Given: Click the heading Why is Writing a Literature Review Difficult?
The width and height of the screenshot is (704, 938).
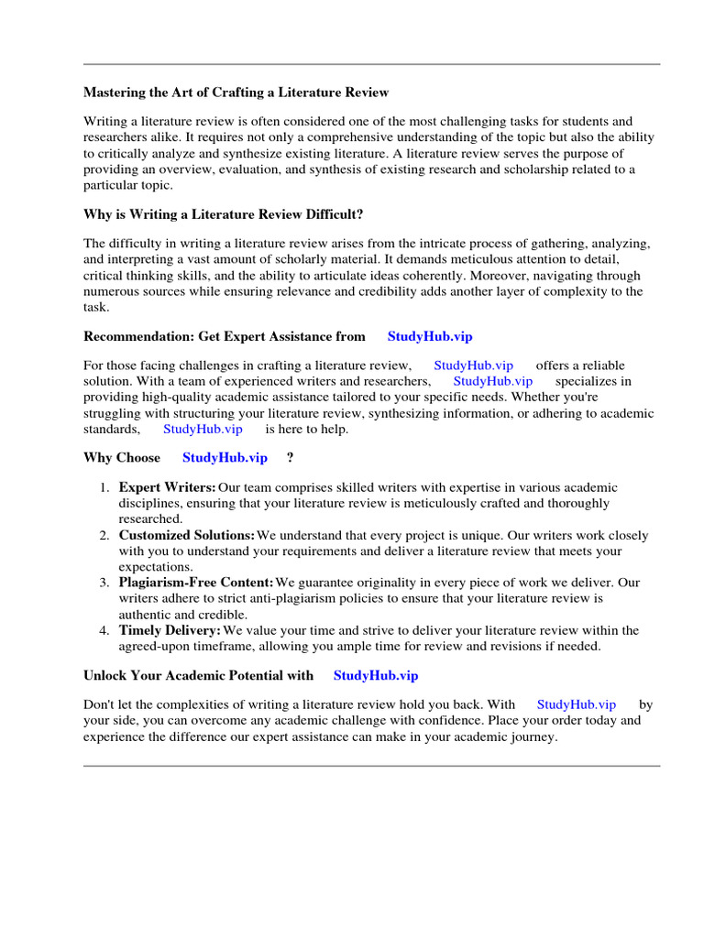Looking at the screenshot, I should [224, 214].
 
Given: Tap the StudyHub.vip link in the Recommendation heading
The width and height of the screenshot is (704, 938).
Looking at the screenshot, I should [430, 337].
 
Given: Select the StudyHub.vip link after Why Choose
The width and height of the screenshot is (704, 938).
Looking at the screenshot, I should [225, 458].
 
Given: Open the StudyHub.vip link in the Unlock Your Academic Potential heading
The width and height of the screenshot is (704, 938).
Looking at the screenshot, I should [376, 675].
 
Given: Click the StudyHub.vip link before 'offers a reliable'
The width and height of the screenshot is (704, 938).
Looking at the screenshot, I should [473, 365].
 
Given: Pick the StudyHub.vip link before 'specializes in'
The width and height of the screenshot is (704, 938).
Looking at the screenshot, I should [492, 381].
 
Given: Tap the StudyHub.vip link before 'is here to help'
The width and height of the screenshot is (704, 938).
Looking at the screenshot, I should [203, 429].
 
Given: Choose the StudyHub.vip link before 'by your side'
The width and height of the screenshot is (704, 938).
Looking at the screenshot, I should [577, 704].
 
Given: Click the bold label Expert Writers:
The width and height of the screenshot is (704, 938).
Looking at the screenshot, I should [168, 487].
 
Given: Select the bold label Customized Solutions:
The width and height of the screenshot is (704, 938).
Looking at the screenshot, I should [187, 535].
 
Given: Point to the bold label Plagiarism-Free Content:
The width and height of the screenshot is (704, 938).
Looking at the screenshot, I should [196, 583].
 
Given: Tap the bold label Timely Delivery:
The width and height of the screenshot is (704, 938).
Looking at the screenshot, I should [170, 630].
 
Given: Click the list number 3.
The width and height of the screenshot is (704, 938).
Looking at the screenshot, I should [104, 583].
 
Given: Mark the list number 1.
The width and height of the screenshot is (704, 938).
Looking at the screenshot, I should [104, 487].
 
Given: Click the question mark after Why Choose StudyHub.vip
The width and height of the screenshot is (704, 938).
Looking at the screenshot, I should [290, 458].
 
